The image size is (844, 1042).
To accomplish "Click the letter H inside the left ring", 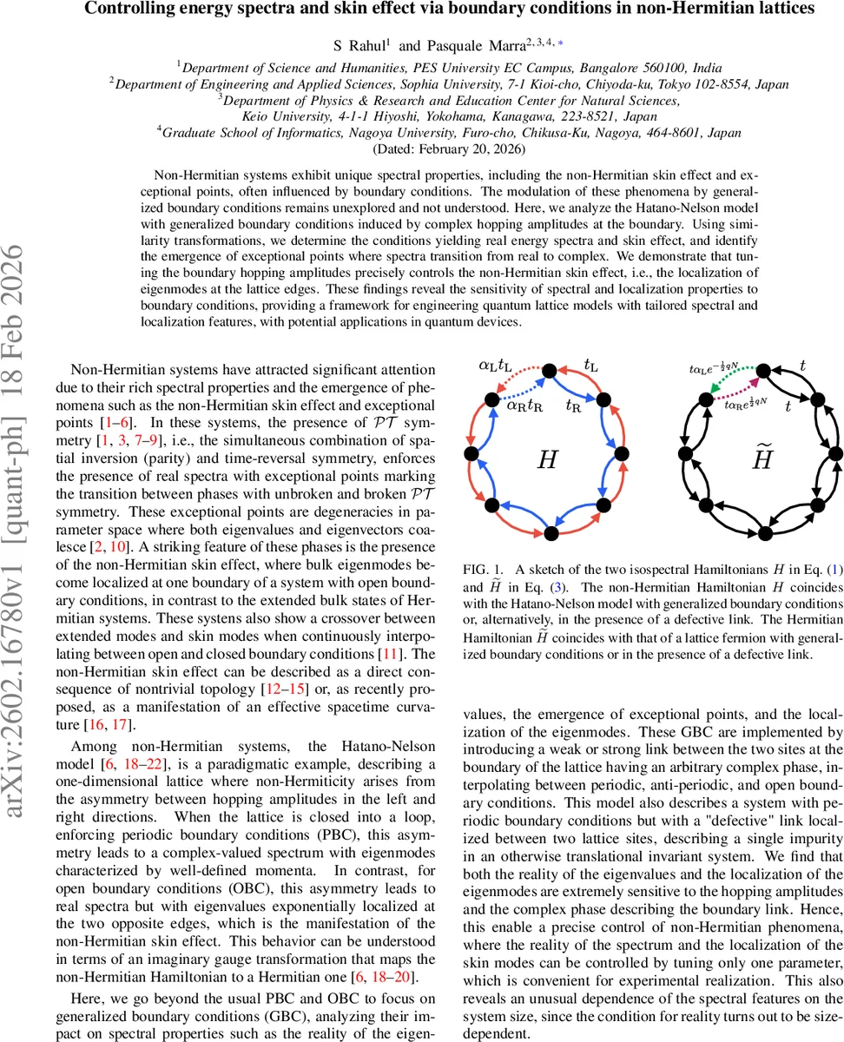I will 547,459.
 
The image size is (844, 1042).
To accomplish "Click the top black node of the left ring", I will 549,373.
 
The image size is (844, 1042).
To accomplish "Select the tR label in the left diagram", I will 574,405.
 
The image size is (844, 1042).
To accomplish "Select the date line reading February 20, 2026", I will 422,148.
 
